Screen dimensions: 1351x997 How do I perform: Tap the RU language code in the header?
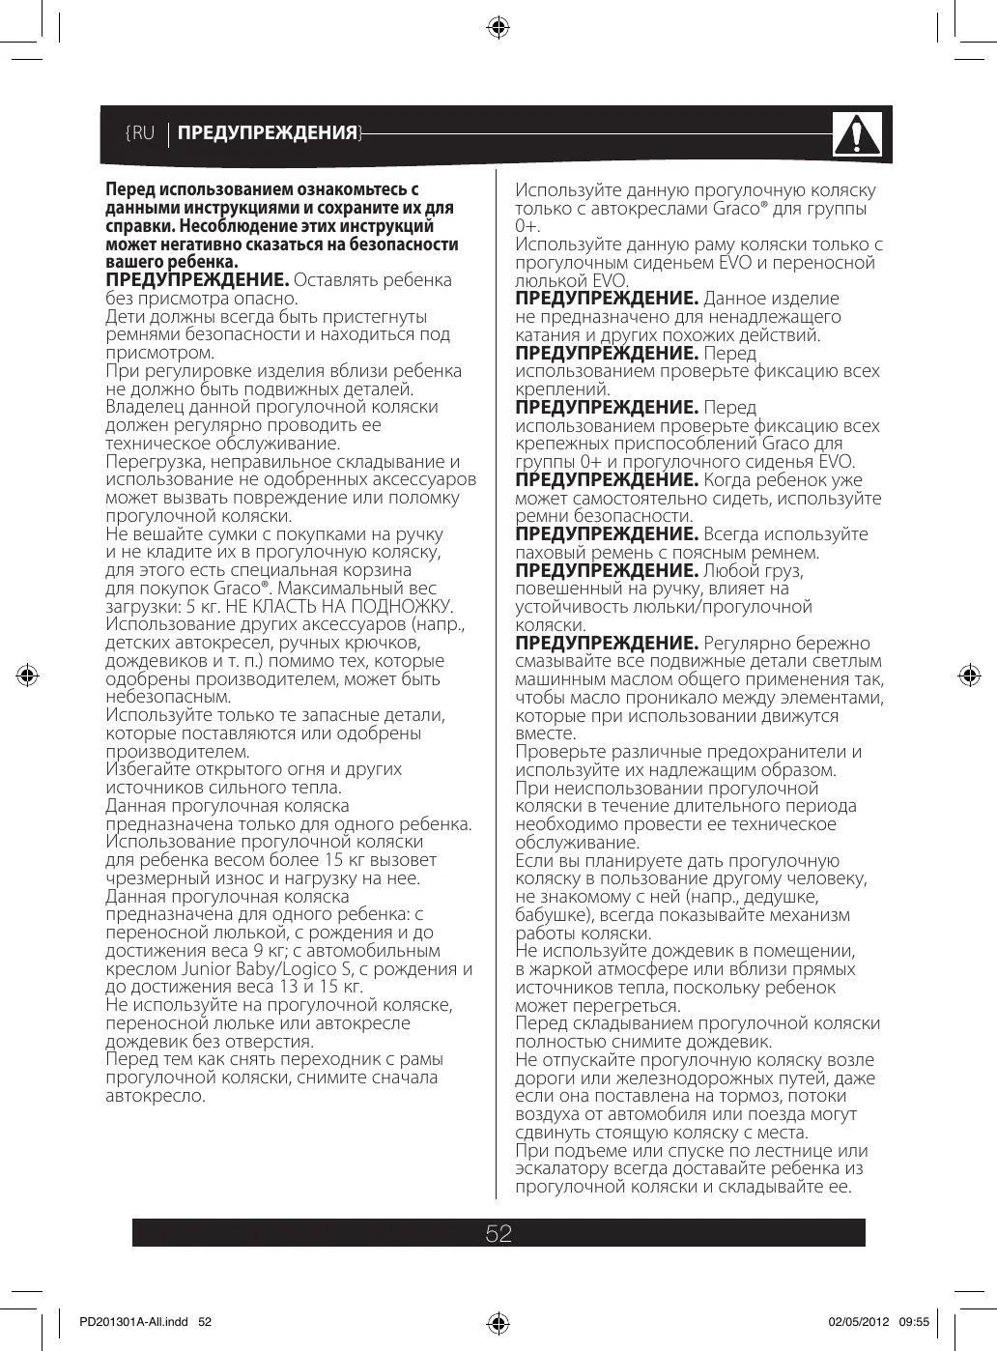(141, 133)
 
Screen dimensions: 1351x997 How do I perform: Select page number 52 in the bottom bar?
(498, 1233)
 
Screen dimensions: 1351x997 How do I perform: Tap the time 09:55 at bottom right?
(914, 1321)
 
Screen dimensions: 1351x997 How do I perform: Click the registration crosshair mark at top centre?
(498, 28)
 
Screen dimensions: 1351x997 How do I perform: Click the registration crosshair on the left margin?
(29, 675)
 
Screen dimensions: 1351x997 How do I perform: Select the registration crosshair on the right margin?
(967, 675)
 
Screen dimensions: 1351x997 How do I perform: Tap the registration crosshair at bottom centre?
(498, 1322)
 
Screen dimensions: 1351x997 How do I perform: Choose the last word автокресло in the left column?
(155, 1097)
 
